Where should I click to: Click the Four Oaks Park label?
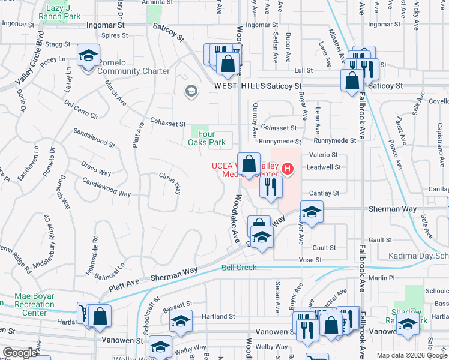(208, 138)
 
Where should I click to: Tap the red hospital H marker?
(288, 169)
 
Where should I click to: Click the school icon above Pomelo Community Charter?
(88, 57)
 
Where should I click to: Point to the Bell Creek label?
(239, 268)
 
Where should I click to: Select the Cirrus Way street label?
(169, 184)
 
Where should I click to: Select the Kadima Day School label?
(418, 256)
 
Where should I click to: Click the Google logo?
(20, 353)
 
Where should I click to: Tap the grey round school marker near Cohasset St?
(191, 91)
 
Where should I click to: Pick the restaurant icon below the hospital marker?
(271, 187)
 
